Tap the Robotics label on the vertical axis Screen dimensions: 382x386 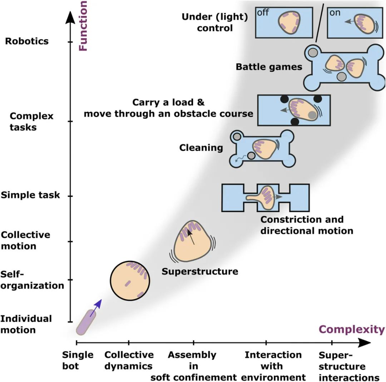tap(27, 41)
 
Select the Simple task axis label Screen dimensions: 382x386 tap(30, 195)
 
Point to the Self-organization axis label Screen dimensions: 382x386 tap(32, 280)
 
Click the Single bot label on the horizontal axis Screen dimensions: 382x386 tap(78, 361)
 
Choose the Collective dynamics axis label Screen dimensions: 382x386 tap(129, 361)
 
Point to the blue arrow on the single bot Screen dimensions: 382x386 tap(95, 308)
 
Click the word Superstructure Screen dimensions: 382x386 tap(200, 271)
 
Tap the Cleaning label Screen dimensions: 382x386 tap(201, 148)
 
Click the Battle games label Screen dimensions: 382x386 tap(269, 67)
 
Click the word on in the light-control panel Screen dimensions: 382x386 tap(335, 13)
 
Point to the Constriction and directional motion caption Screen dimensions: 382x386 tap(307, 225)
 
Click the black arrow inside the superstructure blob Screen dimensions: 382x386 tap(192, 236)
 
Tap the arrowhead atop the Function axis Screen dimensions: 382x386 tap(70, 16)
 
